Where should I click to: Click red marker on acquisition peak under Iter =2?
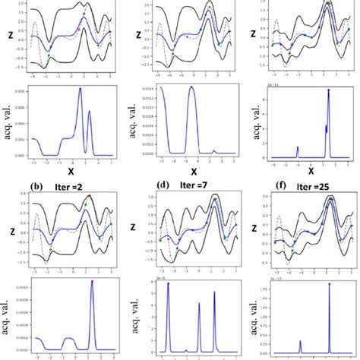tap(92, 282)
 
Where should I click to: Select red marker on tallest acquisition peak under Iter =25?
tap(329, 284)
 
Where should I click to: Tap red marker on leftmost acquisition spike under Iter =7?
tap(168, 284)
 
